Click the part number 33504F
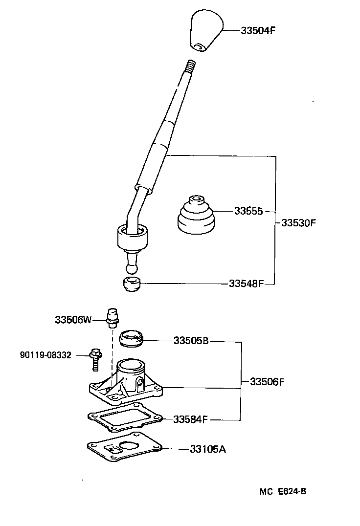click(258, 30)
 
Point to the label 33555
click(248, 211)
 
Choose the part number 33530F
click(298, 223)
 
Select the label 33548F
click(247, 284)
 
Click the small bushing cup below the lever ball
click(132, 284)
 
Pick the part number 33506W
click(73, 320)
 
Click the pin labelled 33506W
click(112, 317)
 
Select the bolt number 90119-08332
click(46, 355)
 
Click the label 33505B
click(191, 341)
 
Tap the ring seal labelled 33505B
click(132, 338)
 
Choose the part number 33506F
click(267, 382)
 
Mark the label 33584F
click(191, 419)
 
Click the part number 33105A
click(208, 449)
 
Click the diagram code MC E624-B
click(283, 492)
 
